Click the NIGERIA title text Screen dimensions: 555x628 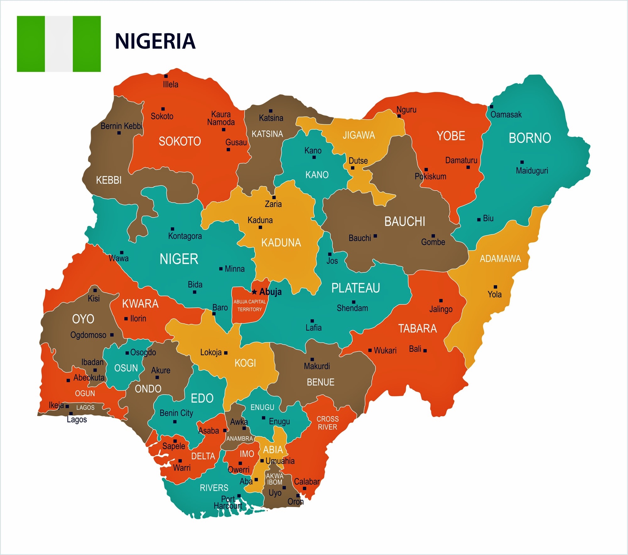click(155, 41)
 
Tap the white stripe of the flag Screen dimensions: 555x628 click(59, 44)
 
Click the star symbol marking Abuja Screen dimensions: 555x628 click(254, 292)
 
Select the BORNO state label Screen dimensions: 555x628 click(530, 138)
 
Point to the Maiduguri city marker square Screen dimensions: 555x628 click(522, 162)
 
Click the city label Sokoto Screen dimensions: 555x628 click(162, 116)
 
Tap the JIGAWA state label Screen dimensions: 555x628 click(359, 135)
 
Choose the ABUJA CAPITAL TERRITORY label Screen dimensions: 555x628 click(250, 305)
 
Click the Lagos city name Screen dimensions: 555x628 click(77, 419)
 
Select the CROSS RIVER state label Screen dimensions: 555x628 click(328, 423)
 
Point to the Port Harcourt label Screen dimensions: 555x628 click(228, 503)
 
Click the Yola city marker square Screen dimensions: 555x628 click(495, 287)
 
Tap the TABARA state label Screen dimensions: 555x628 click(418, 329)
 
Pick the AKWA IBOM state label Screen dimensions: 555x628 click(275, 479)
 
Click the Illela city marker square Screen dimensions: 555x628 click(166, 76)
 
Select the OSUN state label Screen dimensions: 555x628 click(126, 368)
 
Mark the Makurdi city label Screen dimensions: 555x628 click(317, 366)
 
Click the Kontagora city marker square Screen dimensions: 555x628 click(172, 229)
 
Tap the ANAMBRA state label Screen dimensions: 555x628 click(240, 439)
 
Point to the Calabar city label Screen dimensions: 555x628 click(306, 482)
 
